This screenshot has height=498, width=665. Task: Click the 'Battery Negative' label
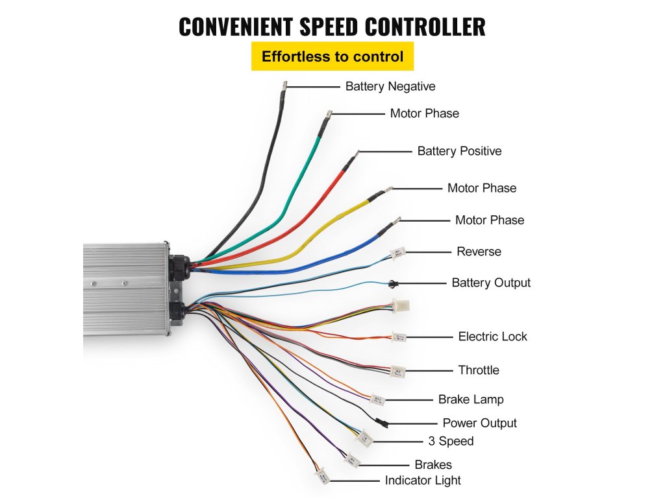390,86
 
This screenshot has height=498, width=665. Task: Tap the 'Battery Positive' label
459,151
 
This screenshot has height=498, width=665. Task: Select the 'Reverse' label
479,252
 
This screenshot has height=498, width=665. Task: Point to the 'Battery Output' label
491,283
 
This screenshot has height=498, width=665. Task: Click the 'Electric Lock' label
492,337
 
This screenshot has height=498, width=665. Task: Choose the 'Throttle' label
479,370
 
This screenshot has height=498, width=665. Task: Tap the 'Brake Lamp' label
471,399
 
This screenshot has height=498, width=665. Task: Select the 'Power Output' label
479,423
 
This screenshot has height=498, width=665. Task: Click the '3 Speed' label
451,442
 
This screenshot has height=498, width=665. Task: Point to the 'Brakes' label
433,465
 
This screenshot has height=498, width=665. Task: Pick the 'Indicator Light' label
423,480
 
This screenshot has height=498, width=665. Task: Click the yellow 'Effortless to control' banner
332,56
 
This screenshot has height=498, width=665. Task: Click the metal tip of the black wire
284,85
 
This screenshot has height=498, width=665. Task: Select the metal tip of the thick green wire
329,114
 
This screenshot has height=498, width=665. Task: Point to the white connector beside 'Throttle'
397,372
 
